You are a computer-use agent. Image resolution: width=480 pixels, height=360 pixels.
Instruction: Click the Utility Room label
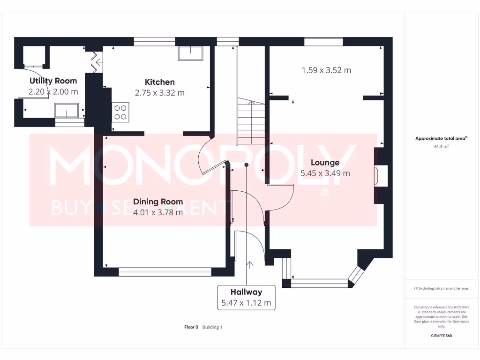pyautogui.click(x=53, y=81)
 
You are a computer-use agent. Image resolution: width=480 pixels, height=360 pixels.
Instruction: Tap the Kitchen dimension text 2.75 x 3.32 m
pyautogui.click(x=159, y=93)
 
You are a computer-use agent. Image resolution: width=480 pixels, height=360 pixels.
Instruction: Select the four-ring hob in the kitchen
pyautogui.click(x=120, y=111)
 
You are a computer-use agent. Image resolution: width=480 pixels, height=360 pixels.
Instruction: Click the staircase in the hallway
pyautogui.click(x=252, y=122)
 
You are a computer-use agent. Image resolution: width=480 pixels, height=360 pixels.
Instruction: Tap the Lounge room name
pyautogui.click(x=325, y=163)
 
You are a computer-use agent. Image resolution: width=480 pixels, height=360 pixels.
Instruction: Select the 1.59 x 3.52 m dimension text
pyautogui.click(x=326, y=70)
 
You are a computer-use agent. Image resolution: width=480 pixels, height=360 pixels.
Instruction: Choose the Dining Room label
pyautogui.click(x=158, y=202)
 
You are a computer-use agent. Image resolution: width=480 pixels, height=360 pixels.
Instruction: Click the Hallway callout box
pyautogui.click(x=246, y=297)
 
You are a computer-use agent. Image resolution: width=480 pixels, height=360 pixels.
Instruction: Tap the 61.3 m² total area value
pyautogui.click(x=442, y=147)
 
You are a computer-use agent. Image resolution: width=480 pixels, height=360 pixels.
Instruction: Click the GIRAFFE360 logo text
pyautogui.click(x=442, y=336)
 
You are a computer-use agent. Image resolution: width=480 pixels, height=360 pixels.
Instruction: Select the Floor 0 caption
pyautogui.click(x=191, y=327)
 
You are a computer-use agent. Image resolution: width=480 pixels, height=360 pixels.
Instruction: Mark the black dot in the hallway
pyautogui.click(x=246, y=165)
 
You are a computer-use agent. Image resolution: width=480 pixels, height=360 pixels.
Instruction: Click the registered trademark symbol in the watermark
pyautogui.click(x=323, y=193)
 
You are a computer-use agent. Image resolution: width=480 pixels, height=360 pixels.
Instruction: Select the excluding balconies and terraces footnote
pyautogui.click(x=442, y=288)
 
